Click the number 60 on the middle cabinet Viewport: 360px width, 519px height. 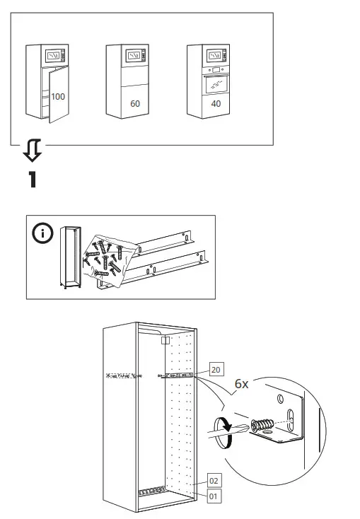(x=135, y=103)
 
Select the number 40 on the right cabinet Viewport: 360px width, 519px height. (x=216, y=103)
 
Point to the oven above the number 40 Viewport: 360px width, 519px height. (x=216, y=84)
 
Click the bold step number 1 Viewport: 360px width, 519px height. (x=32, y=179)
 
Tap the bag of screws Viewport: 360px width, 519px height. (x=106, y=258)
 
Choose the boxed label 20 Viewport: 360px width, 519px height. (x=216, y=370)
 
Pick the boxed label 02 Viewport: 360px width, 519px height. (x=214, y=480)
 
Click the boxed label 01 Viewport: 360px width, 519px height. (x=214, y=496)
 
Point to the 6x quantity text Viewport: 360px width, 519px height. (x=241, y=384)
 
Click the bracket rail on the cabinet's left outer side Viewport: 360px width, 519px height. (x=120, y=376)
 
